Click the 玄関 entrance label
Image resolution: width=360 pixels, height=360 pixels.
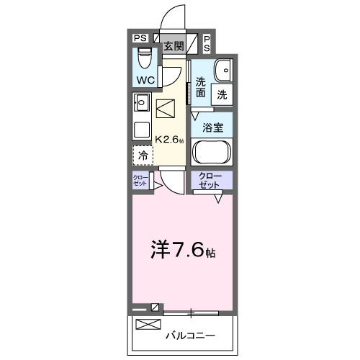tap(173, 46)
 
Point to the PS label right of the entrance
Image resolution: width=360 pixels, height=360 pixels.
tap(206, 43)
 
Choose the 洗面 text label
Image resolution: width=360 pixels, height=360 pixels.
tap(200, 87)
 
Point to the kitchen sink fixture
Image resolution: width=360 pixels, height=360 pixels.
tap(141, 102)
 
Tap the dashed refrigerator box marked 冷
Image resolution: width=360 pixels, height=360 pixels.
tap(143, 155)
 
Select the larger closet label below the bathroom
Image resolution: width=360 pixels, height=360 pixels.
tap(211, 180)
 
